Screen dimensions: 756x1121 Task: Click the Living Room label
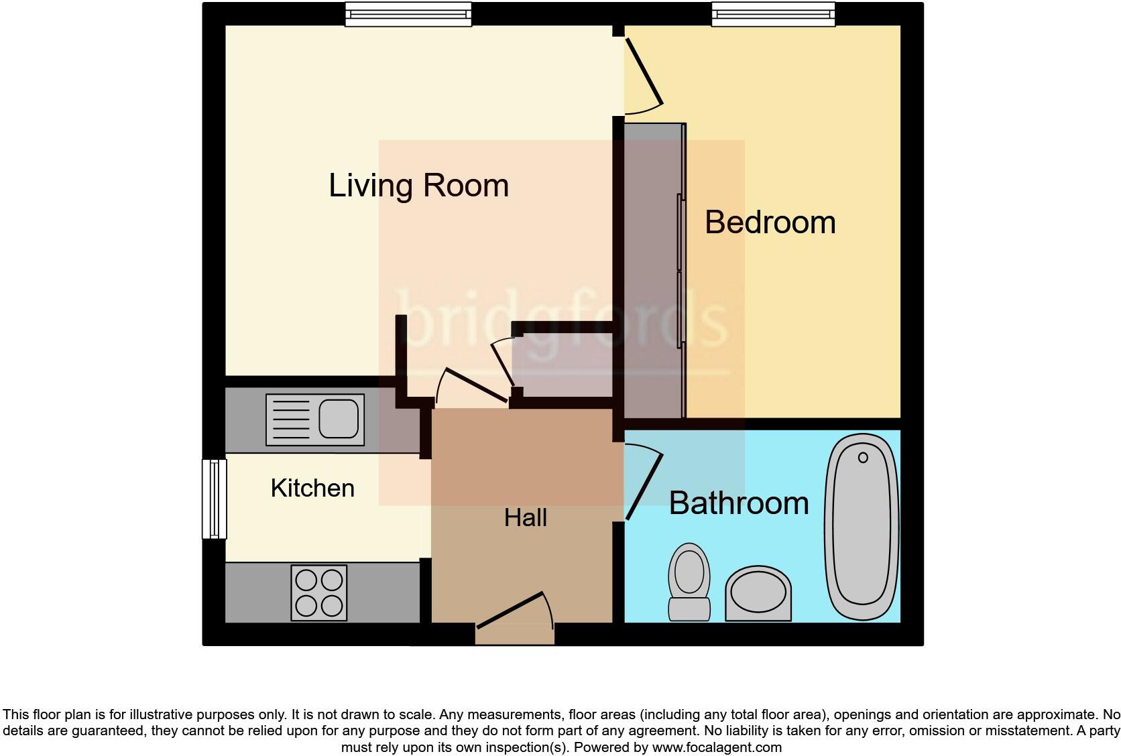(x=418, y=186)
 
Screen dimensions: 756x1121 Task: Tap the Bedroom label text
(x=770, y=223)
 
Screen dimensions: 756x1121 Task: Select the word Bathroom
(x=739, y=503)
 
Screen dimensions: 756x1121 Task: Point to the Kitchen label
(x=312, y=488)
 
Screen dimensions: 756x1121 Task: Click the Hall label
(x=525, y=517)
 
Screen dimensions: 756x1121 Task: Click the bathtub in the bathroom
(x=863, y=526)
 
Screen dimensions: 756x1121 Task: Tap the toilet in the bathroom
(x=689, y=581)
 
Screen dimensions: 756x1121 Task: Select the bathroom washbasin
(x=758, y=594)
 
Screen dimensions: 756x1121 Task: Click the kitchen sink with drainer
(x=315, y=420)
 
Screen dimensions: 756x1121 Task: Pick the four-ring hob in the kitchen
(x=319, y=592)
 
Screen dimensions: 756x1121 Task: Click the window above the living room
(x=408, y=14)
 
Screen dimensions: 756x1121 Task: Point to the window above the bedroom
(x=773, y=14)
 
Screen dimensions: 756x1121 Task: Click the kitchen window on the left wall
(x=214, y=498)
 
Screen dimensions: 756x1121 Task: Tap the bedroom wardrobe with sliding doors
(x=654, y=268)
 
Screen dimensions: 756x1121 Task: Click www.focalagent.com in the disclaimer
(x=716, y=747)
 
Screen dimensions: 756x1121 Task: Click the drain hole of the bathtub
(x=863, y=458)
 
